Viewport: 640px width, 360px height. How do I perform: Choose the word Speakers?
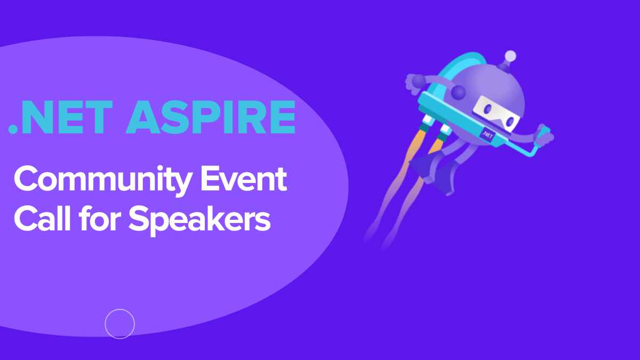pos(199,220)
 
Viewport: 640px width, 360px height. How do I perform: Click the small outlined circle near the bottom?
pos(119,324)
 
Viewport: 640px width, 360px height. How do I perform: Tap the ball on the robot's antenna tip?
pos(510,55)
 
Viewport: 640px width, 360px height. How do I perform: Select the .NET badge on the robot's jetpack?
pos(486,134)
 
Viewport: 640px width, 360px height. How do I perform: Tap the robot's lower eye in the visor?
pos(509,122)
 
